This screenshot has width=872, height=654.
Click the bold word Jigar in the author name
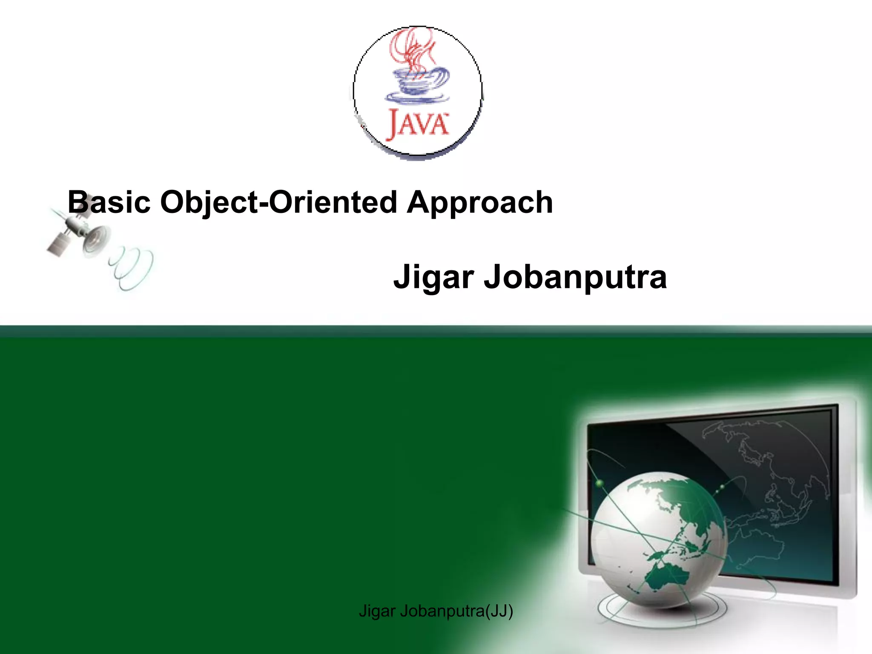tap(433, 277)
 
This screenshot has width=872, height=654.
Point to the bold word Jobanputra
tap(575, 277)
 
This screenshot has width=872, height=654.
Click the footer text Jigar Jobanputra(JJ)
tap(436, 611)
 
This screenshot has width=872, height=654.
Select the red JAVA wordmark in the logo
tap(418, 124)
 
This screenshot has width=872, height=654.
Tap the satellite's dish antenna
tap(96, 239)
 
